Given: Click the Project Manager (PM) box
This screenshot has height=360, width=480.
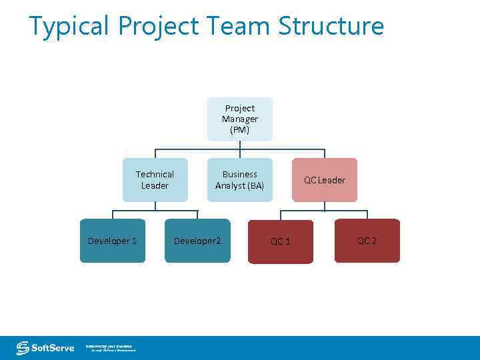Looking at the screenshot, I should click(240, 119).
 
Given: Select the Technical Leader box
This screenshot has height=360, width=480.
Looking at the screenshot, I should click(155, 180).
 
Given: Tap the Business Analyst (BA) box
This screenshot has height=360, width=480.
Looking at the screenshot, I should click(240, 180).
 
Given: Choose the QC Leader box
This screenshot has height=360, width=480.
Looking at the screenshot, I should click(325, 180).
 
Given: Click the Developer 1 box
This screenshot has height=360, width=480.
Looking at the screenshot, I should click(113, 241).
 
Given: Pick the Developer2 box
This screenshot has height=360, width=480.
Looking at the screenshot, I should click(197, 241).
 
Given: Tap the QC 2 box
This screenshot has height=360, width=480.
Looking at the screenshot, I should click(367, 241).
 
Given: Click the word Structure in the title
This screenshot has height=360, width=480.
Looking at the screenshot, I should click(331, 27).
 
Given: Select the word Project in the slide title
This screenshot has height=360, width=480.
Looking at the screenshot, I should click(159, 27).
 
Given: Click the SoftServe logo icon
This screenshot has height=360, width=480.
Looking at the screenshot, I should click(23, 348).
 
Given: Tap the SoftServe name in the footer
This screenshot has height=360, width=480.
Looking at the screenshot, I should click(53, 348).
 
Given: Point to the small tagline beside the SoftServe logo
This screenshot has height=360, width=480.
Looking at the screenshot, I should click(110, 348).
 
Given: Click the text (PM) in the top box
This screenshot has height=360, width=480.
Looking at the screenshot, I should click(240, 130).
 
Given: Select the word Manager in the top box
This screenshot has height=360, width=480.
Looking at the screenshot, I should click(240, 119).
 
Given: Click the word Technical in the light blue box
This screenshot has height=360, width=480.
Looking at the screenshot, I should click(155, 174).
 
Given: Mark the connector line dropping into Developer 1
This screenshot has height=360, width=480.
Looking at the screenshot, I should click(113, 215).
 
